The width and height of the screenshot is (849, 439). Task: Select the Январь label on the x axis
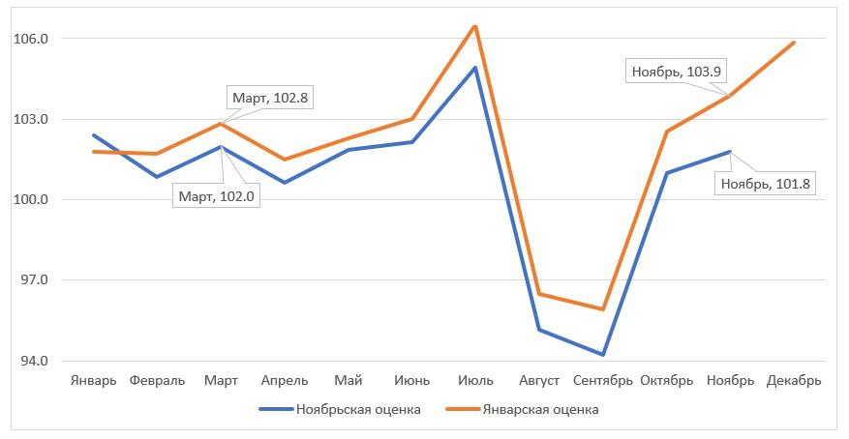pos(94,380)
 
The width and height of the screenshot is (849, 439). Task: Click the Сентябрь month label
pos(602,380)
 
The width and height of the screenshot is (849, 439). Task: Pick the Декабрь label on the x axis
pos(794,380)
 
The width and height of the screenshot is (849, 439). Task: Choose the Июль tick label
pos(475,380)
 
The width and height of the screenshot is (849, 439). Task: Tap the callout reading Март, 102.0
pos(218,195)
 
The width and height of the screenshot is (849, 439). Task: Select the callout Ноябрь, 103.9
pos(678,71)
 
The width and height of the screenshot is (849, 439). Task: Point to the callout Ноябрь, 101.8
pos(764,183)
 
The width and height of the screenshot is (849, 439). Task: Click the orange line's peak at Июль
pos(475,26)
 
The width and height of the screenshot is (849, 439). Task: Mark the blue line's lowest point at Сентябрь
pos(602,355)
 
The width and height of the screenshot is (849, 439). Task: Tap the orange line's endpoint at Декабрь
pos(794,43)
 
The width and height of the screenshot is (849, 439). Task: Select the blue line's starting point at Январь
pos(94,135)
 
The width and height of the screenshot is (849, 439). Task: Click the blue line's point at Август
pos(539,330)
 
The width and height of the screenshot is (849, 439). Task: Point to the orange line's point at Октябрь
pos(666,132)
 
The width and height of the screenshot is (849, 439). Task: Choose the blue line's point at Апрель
pos(285,183)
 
